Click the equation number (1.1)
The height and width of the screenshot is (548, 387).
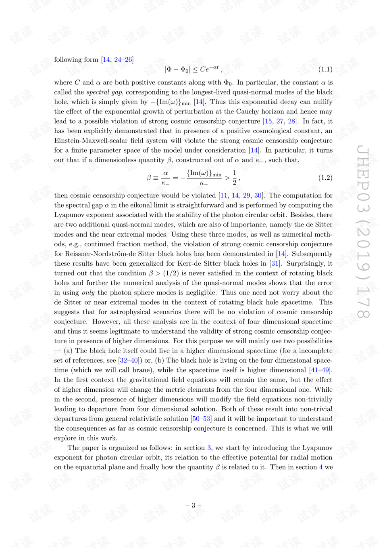[325, 69]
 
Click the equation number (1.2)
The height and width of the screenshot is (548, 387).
[325, 178]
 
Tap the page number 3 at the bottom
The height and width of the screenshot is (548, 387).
[193, 505]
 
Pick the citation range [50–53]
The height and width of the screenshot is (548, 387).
[201, 418]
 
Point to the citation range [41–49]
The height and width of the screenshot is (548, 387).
[320, 370]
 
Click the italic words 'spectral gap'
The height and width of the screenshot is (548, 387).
[104, 92]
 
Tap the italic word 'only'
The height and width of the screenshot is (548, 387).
[88, 292]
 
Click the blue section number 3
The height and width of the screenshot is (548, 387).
[209, 447]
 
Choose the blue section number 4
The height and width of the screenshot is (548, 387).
[321, 467]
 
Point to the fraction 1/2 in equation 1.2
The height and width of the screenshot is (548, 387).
[234, 178]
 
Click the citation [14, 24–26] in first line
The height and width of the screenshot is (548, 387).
[117, 59]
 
